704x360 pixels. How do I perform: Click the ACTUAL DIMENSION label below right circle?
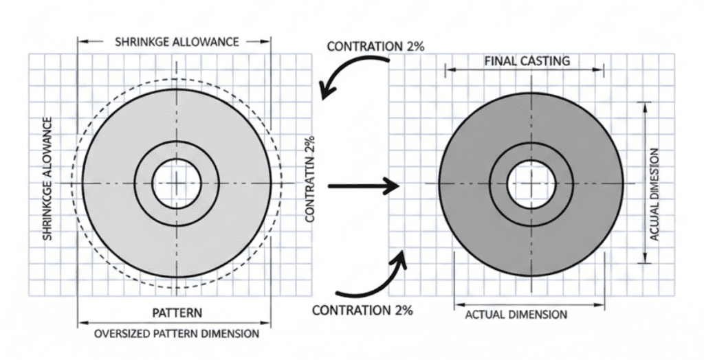click(516, 315)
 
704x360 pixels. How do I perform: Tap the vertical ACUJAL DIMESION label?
click(654, 194)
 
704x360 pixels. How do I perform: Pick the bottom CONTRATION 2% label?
click(362, 311)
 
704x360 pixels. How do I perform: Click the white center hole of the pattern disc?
click(176, 183)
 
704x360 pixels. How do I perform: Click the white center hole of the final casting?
click(531, 183)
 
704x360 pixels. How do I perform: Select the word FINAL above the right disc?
click(498, 61)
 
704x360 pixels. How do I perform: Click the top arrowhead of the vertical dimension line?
click(644, 105)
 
